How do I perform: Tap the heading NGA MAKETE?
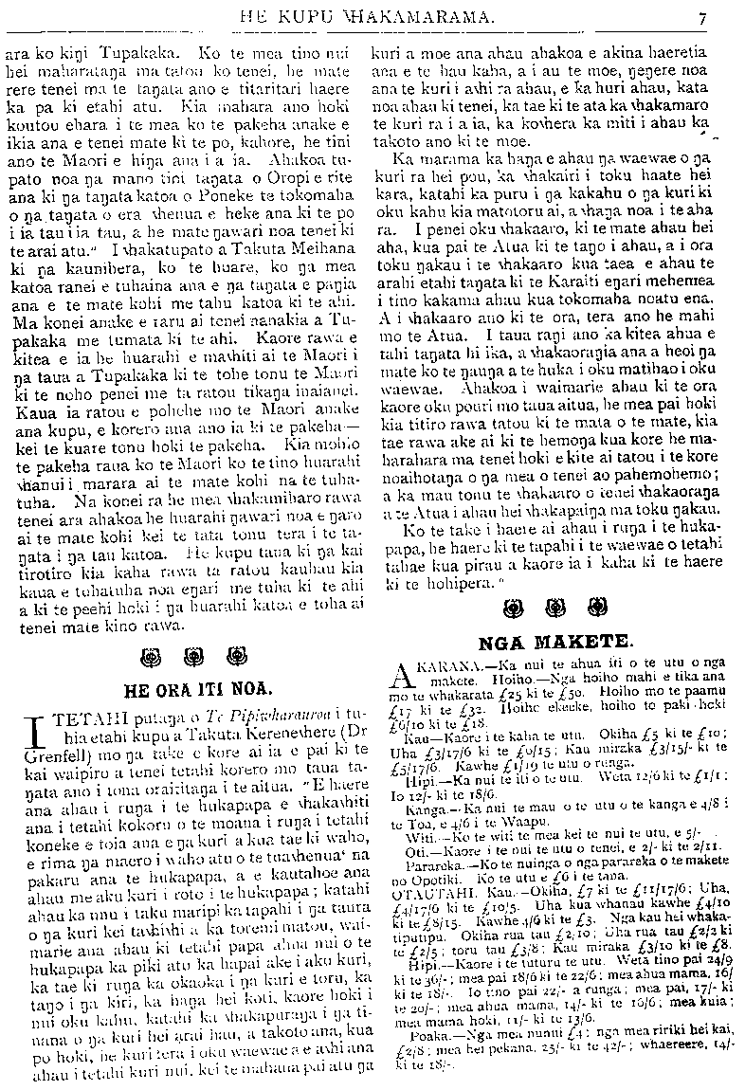click(x=556, y=641)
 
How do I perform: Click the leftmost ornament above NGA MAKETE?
click(x=518, y=607)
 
